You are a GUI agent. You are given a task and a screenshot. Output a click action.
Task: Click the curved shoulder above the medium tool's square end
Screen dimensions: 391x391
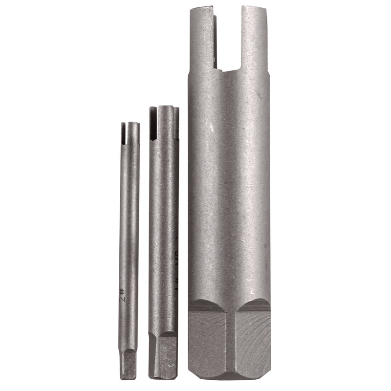[164, 334]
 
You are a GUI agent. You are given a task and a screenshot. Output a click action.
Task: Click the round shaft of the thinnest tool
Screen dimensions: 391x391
[128, 220]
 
